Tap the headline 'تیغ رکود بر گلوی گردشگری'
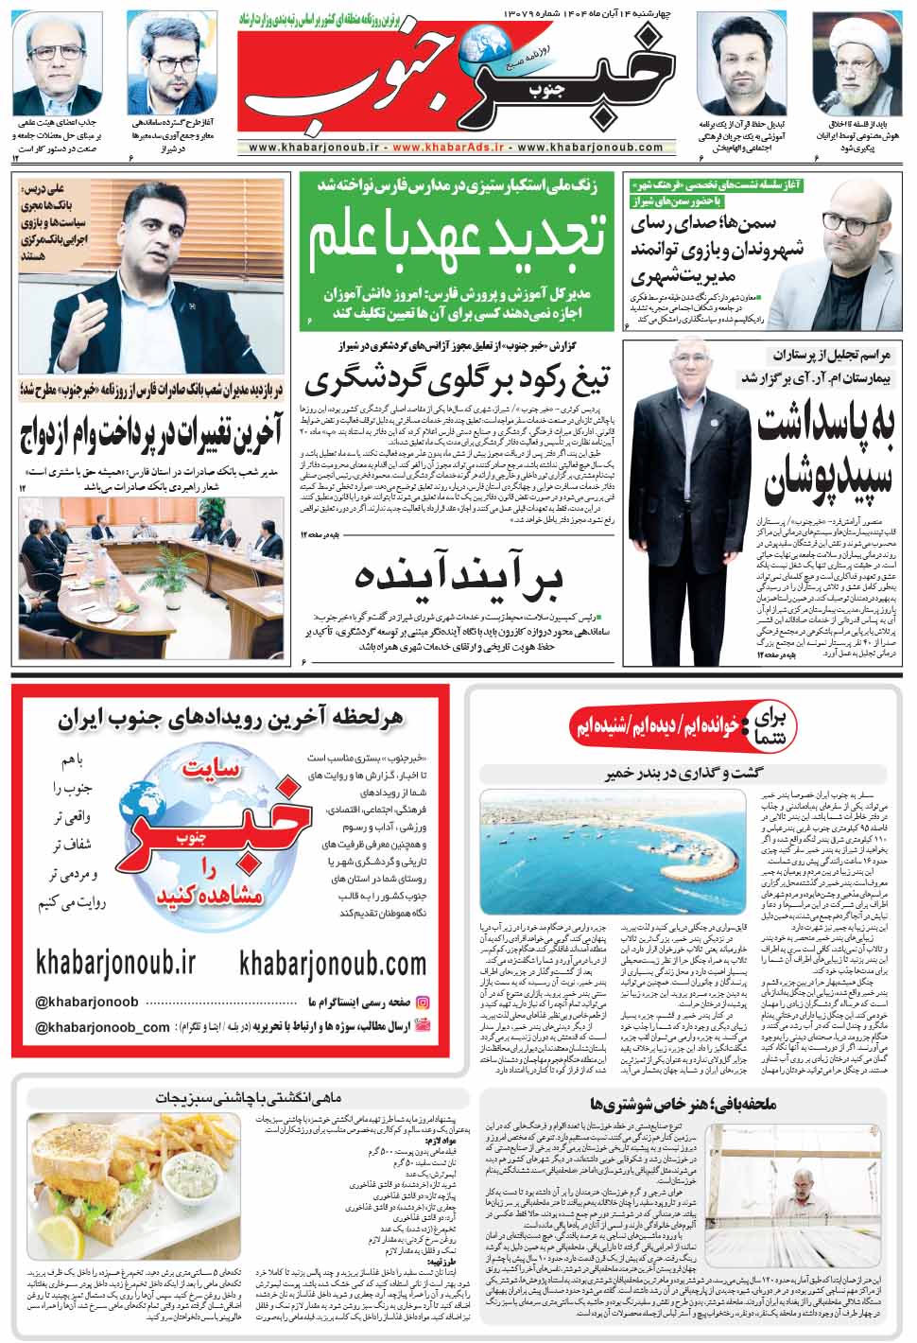[457, 381]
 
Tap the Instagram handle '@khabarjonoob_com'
[102, 1027]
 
